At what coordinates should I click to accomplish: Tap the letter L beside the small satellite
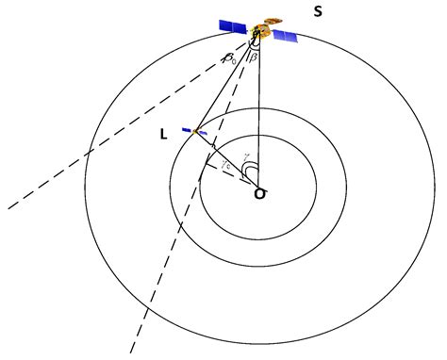164,135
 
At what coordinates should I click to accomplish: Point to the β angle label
263,58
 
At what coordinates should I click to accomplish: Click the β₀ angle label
229,59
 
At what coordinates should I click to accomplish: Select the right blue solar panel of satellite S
284,36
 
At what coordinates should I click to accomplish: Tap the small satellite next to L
195,131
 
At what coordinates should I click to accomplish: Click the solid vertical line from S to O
257,113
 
